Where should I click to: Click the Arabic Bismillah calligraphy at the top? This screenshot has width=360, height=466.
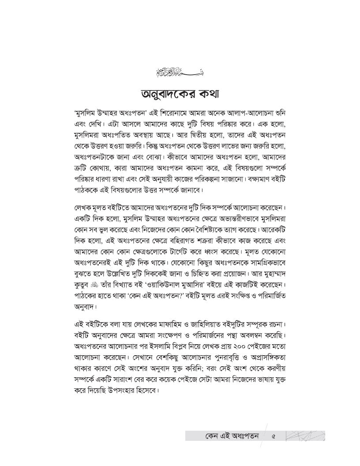coord(180,70)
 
